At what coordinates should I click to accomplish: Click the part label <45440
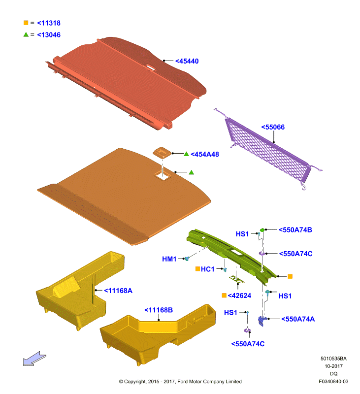click(x=187, y=61)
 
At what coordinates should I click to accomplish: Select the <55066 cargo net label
click(x=273, y=127)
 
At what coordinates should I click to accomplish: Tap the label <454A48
click(x=205, y=154)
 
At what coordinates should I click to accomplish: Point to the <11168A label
click(x=118, y=291)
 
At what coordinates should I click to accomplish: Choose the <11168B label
click(x=159, y=310)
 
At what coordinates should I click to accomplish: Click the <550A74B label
click(x=295, y=230)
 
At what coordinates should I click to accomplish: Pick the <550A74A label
click(x=298, y=319)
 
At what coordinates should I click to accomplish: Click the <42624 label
click(x=239, y=296)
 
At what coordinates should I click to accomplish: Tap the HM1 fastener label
click(x=169, y=259)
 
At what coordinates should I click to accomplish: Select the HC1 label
click(x=207, y=269)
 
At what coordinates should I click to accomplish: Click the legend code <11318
click(x=49, y=23)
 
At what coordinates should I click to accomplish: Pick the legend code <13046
click(x=49, y=35)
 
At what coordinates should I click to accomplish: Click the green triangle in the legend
click(x=26, y=34)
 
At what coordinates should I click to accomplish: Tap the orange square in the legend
click(x=26, y=23)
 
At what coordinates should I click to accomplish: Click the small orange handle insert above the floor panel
click(x=163, y=153)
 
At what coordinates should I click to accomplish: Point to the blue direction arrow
click(x=34, y=359)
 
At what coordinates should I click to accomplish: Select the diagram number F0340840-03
click(x=333, y=381)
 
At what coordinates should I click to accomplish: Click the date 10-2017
click(x=333, y=366)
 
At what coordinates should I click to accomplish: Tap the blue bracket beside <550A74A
click(x=262, y=321)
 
